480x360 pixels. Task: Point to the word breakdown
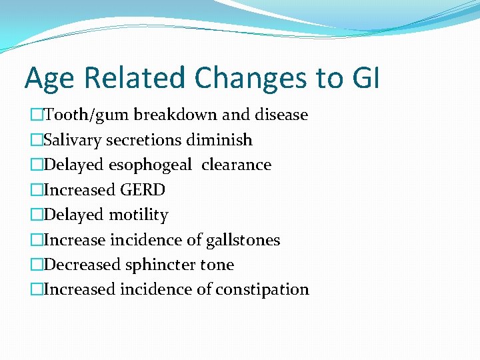[x=175, y=115]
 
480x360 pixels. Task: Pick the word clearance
[x=236, y=165]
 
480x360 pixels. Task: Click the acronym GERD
[x=143, y=190]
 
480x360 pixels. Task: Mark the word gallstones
[x=243, y=240]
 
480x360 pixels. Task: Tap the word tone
[x=217, y=265]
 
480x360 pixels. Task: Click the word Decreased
[x=82, y=265]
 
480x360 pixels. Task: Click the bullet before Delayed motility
[x=36, y=215]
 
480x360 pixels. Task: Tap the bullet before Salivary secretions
[x=36, y=140]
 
